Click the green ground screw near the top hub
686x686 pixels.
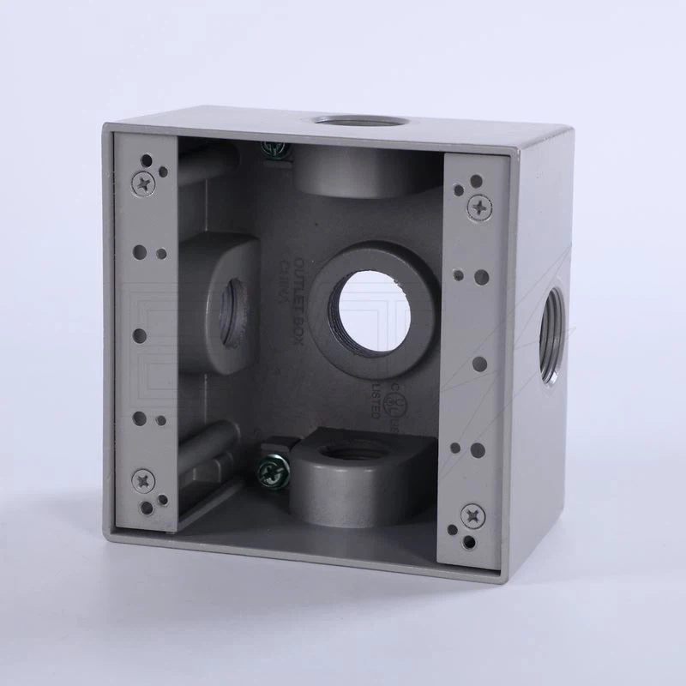[x=277, y=151]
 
